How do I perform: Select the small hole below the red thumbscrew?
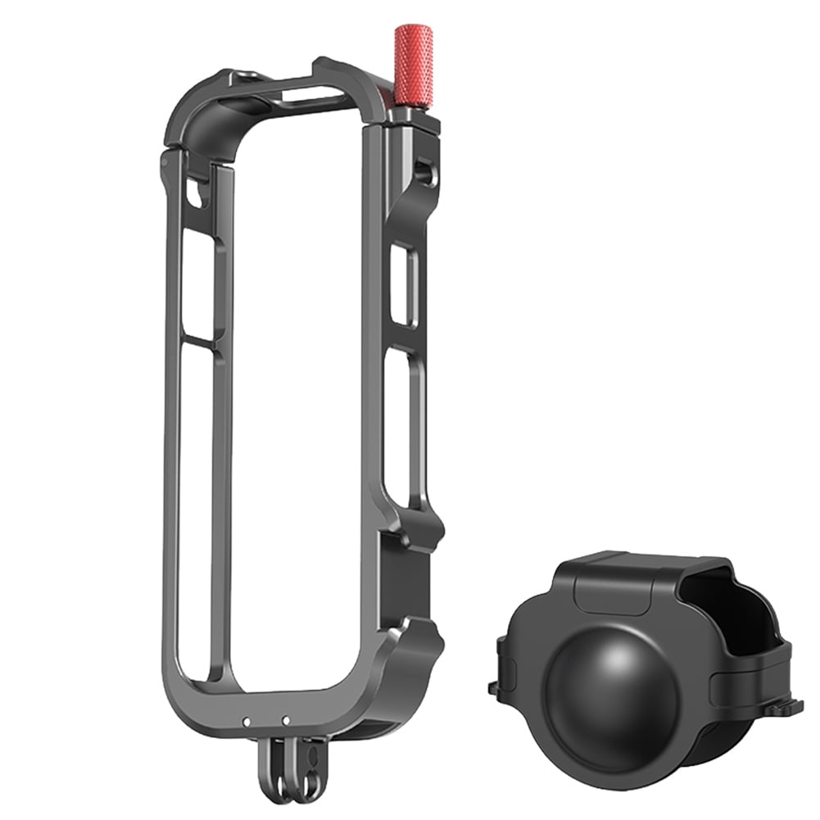(x=423, y=170)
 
